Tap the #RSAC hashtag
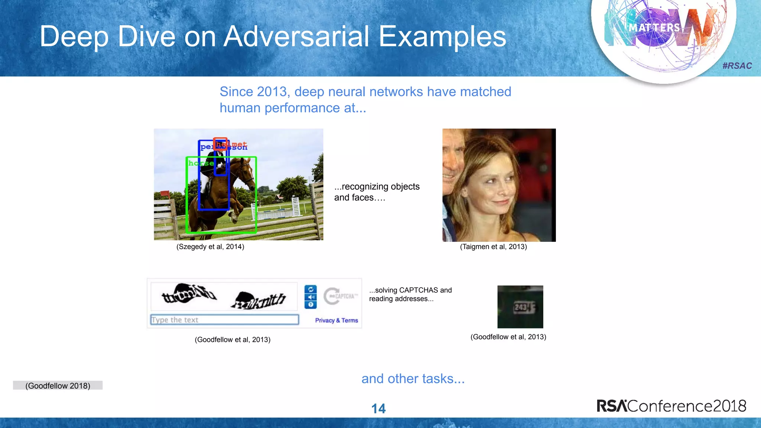coord(737,66)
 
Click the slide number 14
coord(378,409)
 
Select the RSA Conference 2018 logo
coord(671,406)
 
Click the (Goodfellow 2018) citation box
coord(58,386)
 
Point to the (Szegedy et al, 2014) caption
coord(210,247)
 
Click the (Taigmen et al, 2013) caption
coord(493,247)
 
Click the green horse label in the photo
coord(201,163)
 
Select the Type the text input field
coord(224,320)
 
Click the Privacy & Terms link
coord(336,320)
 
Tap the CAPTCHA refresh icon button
coord(311,289)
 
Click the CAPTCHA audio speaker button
coord(311,297)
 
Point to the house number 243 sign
coord(520,307)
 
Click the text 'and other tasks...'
coord(413,379)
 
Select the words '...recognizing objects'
coord(377,187)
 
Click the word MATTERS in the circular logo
coord(654,28)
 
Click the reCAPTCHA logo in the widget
coord(340,296)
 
